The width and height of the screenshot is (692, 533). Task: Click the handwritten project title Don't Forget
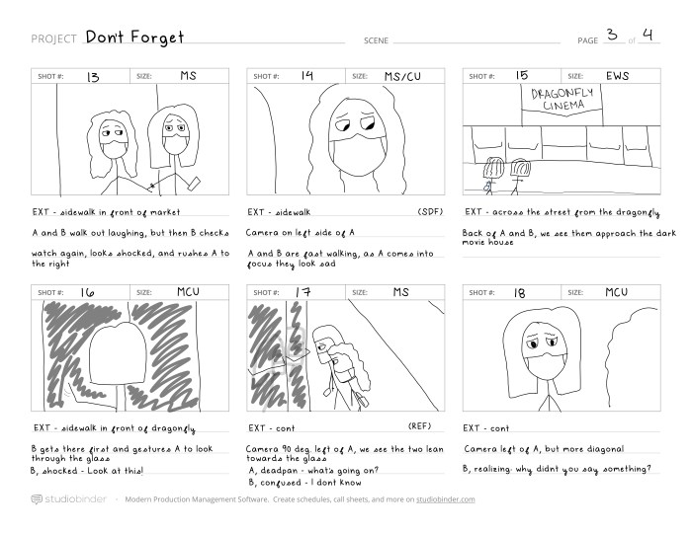(x=134, y=38)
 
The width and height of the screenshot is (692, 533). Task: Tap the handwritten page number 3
(x=612, y=35)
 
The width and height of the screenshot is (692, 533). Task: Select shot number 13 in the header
(x=93, y=78)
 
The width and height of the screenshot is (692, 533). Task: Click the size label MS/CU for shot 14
(x=402, y=77)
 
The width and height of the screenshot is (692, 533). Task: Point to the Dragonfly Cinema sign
(x=562, y=100)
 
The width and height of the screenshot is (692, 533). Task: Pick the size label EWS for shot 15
(x=618, y=76)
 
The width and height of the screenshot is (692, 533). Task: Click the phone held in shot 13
(x=194, y=184)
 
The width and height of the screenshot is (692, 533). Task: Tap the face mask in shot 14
(x=358, y=155)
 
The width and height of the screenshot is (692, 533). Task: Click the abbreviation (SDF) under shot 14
(x=430, y=211)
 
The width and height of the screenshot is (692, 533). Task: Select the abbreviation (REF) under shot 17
(x=419, y=426)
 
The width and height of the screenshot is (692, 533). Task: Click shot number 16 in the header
(x=87, y=292)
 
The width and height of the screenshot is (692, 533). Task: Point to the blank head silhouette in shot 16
(x=118, y=353)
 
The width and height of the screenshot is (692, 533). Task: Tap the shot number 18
(x=519, y=293)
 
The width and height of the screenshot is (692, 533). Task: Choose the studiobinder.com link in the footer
(x=445, y=499)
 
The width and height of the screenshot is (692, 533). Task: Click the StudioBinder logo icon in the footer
(x=37, y=499)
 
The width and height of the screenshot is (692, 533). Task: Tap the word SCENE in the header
(x=376, y=40)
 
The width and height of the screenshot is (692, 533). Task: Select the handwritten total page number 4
(x=648, y=35)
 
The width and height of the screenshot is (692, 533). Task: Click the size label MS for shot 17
(x=400, y=292)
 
